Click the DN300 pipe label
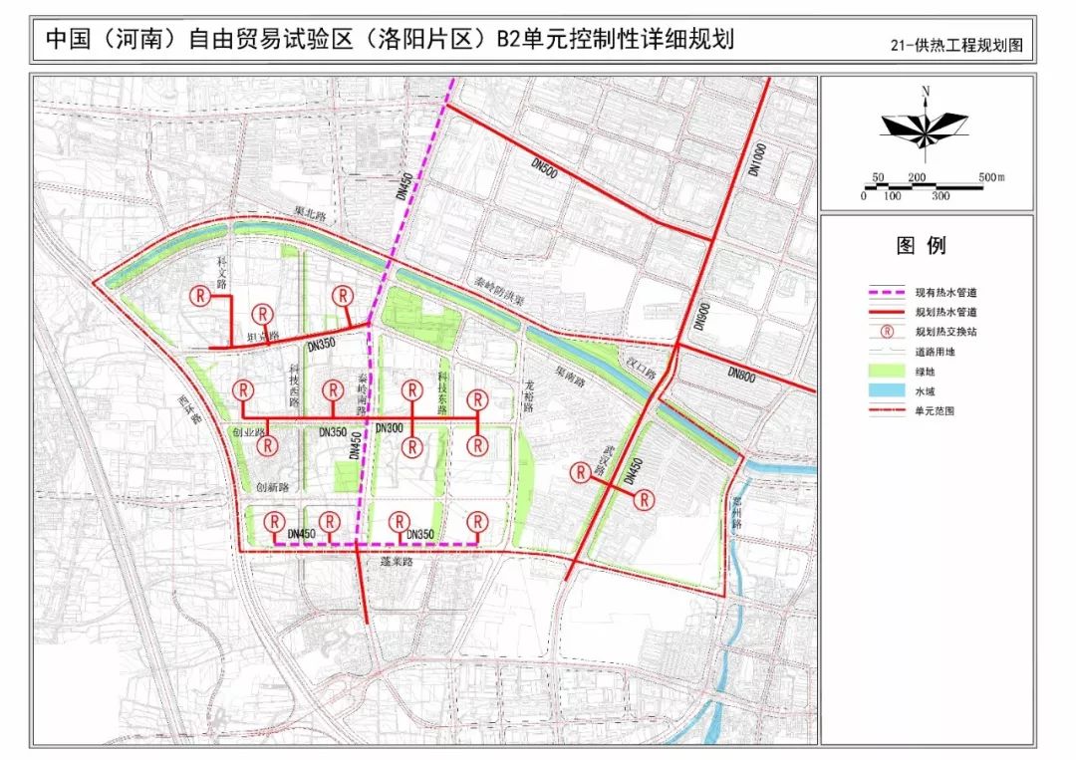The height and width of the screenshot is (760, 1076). [x=390, y=427]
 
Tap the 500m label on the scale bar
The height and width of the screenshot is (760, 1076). [x=992, y=177]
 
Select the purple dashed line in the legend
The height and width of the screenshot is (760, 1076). [x=887, y=294]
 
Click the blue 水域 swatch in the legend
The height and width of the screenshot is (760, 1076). [x=887, y=390]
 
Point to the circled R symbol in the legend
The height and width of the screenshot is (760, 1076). [x=887, y=332]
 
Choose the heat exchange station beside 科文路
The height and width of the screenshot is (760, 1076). [x=201, y=296]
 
